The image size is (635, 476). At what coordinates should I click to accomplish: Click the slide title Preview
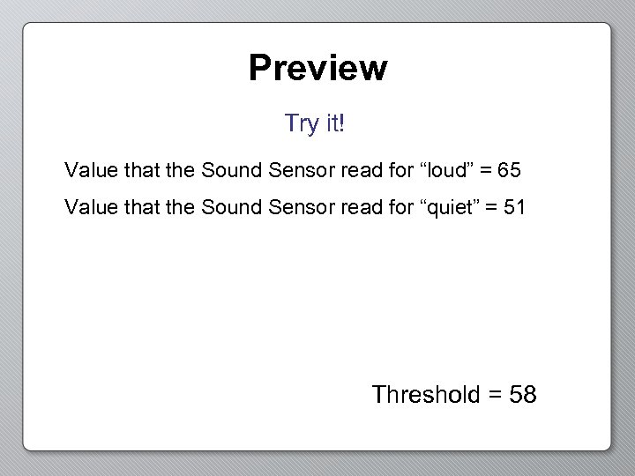point(317,68)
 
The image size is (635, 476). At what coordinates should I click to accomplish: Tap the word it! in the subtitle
point(334,123)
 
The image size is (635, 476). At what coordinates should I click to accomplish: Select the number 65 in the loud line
point(509,168)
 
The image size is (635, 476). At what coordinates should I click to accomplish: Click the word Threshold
point(425,394)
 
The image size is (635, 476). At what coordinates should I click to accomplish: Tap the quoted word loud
point(448,168)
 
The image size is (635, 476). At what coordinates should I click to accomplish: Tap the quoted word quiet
point(452,208)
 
